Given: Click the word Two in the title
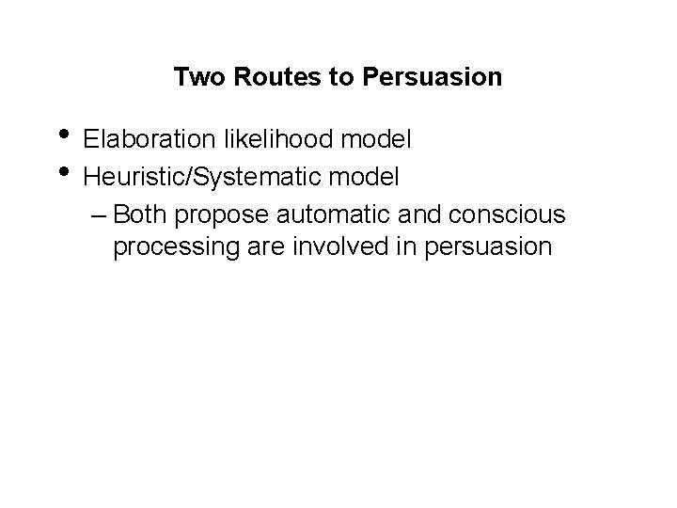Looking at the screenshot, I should point(195,77).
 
